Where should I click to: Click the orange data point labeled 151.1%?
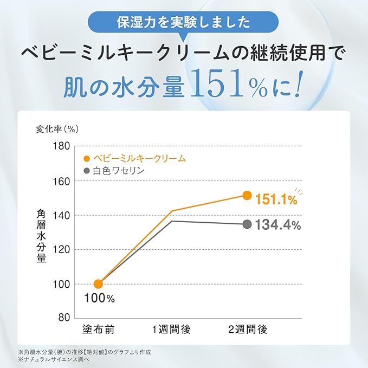247,195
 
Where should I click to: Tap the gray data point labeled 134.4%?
247,224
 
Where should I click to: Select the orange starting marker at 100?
98,284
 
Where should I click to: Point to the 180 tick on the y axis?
61,146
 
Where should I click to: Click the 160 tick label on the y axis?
61,181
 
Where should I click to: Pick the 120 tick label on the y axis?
61,250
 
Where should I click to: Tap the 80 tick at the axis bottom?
64,318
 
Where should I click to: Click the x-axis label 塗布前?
98,330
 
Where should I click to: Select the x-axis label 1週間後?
171,330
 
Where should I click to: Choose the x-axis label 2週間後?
248,330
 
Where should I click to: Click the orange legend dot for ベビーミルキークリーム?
87,159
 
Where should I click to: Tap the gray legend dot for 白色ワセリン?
87,171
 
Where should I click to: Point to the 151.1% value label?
276,200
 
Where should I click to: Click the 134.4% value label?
278,224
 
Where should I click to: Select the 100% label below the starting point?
99,298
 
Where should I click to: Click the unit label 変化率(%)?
57,129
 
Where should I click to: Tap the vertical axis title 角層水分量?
41,236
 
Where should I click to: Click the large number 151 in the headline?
217,83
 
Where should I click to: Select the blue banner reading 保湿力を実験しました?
183,22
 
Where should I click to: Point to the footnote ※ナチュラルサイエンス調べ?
54,359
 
